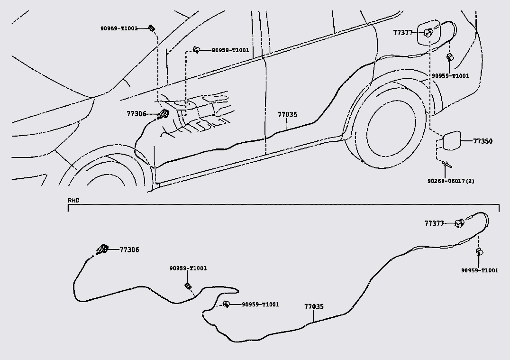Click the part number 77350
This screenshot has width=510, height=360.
[483, 141]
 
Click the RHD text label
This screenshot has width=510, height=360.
[73, 201]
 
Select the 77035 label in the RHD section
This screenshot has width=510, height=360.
[314, 307]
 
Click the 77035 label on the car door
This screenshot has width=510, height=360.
[287, 114]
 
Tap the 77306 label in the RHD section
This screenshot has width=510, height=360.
[129, 249]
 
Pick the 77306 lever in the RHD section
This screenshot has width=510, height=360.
[101, 249]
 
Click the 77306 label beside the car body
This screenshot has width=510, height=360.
[137, 114]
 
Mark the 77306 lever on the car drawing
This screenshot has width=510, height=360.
[164, 114]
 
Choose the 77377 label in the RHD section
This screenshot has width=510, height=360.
[434, 223]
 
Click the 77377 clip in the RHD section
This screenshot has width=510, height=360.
[459, 223]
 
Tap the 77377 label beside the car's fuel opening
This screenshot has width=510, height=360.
[403, 33]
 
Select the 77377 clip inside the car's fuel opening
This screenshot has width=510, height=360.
[428, 33]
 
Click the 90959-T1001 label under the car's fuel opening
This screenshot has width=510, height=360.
[450, 76]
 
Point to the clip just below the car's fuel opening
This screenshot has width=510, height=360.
[449, 58]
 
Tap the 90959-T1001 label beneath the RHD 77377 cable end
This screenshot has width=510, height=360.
[480, 270]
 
